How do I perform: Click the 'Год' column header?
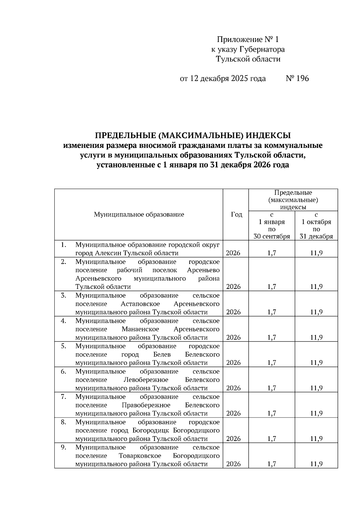(x=236, y=214)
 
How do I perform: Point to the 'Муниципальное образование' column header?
(x=139, y=214)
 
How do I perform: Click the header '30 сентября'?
(x=272, y=236)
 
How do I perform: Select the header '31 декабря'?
(x=316, y=236)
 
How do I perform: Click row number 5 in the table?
(x=63, y=346)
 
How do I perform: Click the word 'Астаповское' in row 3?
(x=140, y=304)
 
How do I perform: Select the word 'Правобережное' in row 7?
(x=146, y=405)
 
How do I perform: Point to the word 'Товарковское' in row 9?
(x=140, y=456)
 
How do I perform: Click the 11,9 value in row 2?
(x=316, y=287)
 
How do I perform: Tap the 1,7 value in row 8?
(x=272, y=439)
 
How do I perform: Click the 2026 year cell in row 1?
(x=233, y=253)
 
